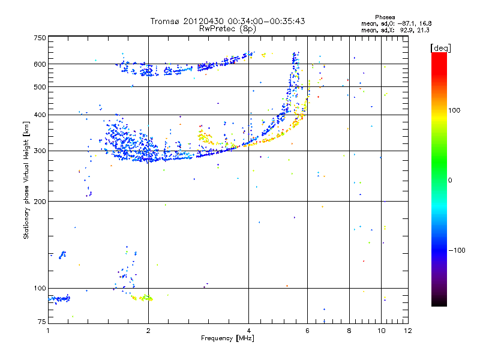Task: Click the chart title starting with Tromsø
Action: tap(228, 21)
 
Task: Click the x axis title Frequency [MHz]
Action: tap(228, 338)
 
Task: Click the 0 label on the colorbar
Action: tap(449, 180)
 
